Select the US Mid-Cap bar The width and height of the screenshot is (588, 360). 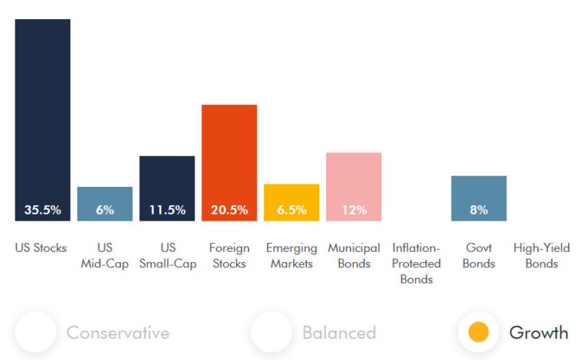[x=105, y=196]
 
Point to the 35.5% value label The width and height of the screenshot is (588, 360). [x=43, y=210]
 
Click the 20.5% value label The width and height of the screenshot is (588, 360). [x=229, y=210]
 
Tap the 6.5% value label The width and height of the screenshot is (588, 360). [x=292, y=210]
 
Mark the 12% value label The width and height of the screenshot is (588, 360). [x=354, y=210]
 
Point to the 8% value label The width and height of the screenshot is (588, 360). [x=479, y=210]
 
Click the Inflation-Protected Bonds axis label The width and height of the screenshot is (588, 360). [x=416, y=263]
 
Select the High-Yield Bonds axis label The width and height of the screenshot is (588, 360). [x=541, y=256]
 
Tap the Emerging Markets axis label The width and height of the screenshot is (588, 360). [x=292, y=256]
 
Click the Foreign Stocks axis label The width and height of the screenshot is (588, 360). [x=229, y=256]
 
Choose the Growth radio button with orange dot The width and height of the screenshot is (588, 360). [x=479, y=332]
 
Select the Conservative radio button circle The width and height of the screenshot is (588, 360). [x=35, y=332]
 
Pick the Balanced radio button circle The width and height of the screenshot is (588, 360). [x=271, y=332]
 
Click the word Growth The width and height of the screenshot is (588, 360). [x=539, y=332]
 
